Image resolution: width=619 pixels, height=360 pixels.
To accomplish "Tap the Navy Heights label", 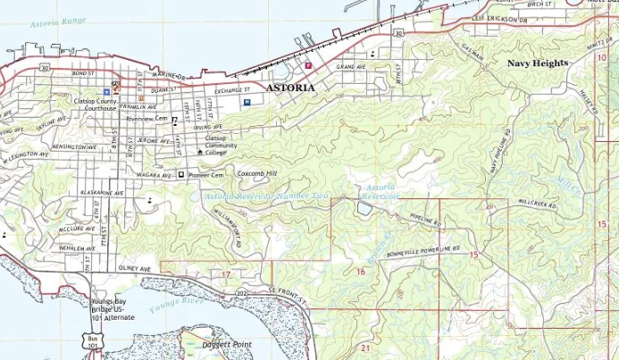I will pyautogui.click(x=537, y=63).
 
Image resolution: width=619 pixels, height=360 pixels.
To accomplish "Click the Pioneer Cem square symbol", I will pyautogui.click(x=181, y=175).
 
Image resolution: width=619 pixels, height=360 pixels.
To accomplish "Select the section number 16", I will pyautogui.click(x=360, y=271).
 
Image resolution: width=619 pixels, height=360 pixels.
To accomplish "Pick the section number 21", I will pyautogui.click(x=365, y=347).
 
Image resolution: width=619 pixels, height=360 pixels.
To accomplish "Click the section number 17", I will pyautogui.click(x=226, y=274).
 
